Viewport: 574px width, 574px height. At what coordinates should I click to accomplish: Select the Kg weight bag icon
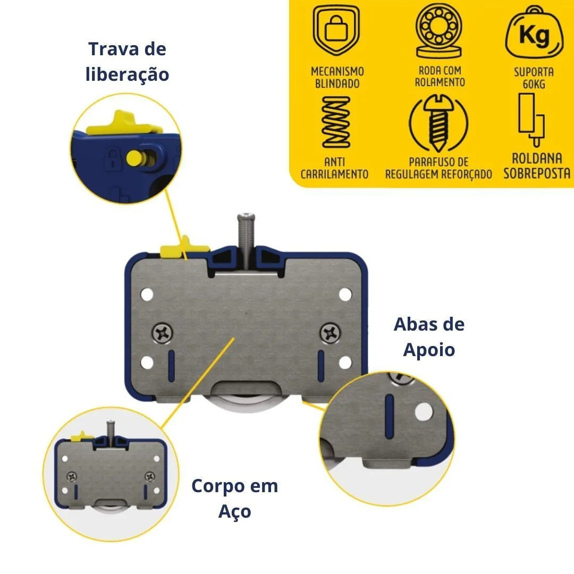[534, 32]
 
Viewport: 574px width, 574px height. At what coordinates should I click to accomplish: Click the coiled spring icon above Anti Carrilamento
[336, 122]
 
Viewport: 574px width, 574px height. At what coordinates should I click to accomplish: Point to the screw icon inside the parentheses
[438, 123]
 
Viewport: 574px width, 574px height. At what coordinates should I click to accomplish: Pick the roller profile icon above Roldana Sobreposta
[531, 120]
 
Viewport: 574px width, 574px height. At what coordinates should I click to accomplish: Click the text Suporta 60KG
[534, 78]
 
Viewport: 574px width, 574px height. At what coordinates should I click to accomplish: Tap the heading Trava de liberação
[127, 62]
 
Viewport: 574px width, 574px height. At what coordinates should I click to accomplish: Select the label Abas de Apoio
[429, 337]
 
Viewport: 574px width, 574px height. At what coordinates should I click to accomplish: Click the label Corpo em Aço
[235, 499]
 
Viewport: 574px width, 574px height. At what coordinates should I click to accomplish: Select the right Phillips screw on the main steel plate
[330, 333]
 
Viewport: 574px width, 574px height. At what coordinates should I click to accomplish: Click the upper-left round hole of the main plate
[147, 294]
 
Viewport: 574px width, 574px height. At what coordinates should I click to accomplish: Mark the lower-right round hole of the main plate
[345, 362]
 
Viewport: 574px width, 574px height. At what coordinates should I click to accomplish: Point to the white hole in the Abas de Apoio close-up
[424, 411]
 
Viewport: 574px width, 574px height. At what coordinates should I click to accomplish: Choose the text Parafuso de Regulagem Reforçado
[438, 167]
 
